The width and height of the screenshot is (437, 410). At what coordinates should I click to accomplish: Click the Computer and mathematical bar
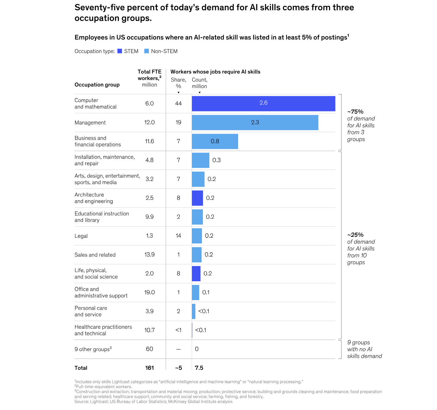click(263, 103)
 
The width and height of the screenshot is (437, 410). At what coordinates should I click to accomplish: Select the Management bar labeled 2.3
click(255, 122)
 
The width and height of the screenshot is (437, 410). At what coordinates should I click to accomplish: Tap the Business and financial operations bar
click(215, 141)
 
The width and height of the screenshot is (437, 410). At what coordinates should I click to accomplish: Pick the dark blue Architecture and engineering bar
click(197, 198)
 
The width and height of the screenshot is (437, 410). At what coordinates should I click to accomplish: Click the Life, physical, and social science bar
click(196, 274)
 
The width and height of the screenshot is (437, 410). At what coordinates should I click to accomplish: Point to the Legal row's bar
click(197, 236)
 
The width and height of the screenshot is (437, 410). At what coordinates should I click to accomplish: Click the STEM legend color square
click(120, 51)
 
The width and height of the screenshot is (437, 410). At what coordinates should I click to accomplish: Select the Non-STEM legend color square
click(147, 51)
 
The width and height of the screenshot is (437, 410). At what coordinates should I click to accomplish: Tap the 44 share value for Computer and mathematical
click(178, 103)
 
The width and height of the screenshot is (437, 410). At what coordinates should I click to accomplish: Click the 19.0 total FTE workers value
click(149, 292)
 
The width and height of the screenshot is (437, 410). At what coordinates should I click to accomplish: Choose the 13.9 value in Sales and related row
click(149, 254)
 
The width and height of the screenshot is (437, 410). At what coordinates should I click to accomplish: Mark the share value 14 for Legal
click(178, 236)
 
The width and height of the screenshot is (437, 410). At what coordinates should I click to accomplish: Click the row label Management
click(90, 123)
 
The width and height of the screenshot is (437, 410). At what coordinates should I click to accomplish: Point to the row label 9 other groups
click(93, 349)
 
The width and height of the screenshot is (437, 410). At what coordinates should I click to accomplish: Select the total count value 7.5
click(199, 368)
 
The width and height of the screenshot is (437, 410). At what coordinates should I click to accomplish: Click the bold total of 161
click(149, 368)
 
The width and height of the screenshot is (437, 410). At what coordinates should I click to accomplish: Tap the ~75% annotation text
click(355, 112)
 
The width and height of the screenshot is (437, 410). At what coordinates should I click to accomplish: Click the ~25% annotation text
click(355, 235)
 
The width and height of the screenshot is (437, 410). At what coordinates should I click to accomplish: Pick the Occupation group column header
click(97, 85)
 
